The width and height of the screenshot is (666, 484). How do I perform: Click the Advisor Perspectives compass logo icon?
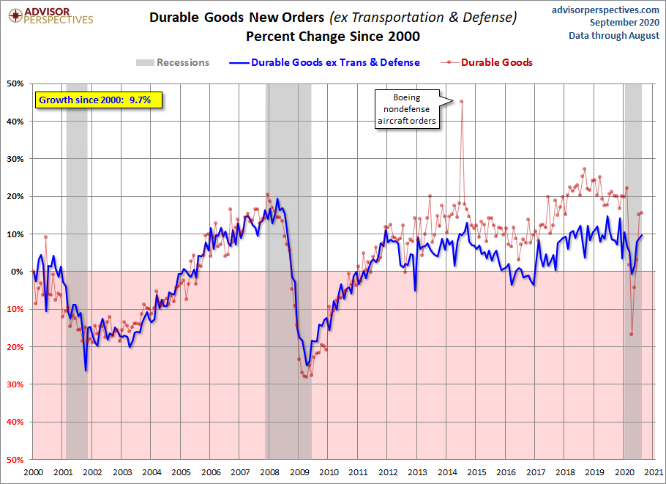point(15,15)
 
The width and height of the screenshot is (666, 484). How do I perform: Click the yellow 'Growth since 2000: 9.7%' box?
point(99,100)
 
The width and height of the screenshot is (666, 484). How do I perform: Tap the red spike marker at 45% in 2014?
point(461,101)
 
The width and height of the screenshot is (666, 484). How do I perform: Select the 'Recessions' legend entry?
point(173,62)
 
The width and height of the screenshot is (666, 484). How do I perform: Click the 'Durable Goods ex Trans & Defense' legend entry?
point(324,62)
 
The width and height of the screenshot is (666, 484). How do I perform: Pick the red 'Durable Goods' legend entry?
point(487,62)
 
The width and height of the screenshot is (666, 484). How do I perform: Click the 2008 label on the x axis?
point(269,472)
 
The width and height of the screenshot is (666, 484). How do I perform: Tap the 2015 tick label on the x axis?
point(476,472)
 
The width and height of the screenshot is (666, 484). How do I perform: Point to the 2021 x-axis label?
point(654,472)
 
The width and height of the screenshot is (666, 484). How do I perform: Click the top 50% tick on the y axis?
point(15,83)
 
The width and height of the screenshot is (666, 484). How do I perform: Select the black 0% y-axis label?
point(18,272)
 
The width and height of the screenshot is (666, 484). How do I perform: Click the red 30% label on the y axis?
point(15,384)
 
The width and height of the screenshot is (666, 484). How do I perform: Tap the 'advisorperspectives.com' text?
point(605,10)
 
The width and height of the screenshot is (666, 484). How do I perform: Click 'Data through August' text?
point(614,36)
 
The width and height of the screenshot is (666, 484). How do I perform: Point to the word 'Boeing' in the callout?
point(406,97)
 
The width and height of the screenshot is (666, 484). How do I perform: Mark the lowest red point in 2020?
point(631,334)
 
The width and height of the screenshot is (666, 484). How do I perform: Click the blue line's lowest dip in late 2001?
point(86,371)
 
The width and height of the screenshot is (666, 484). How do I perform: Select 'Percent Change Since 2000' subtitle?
point(333,37)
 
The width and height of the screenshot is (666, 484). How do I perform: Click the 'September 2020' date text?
point(624,23)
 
